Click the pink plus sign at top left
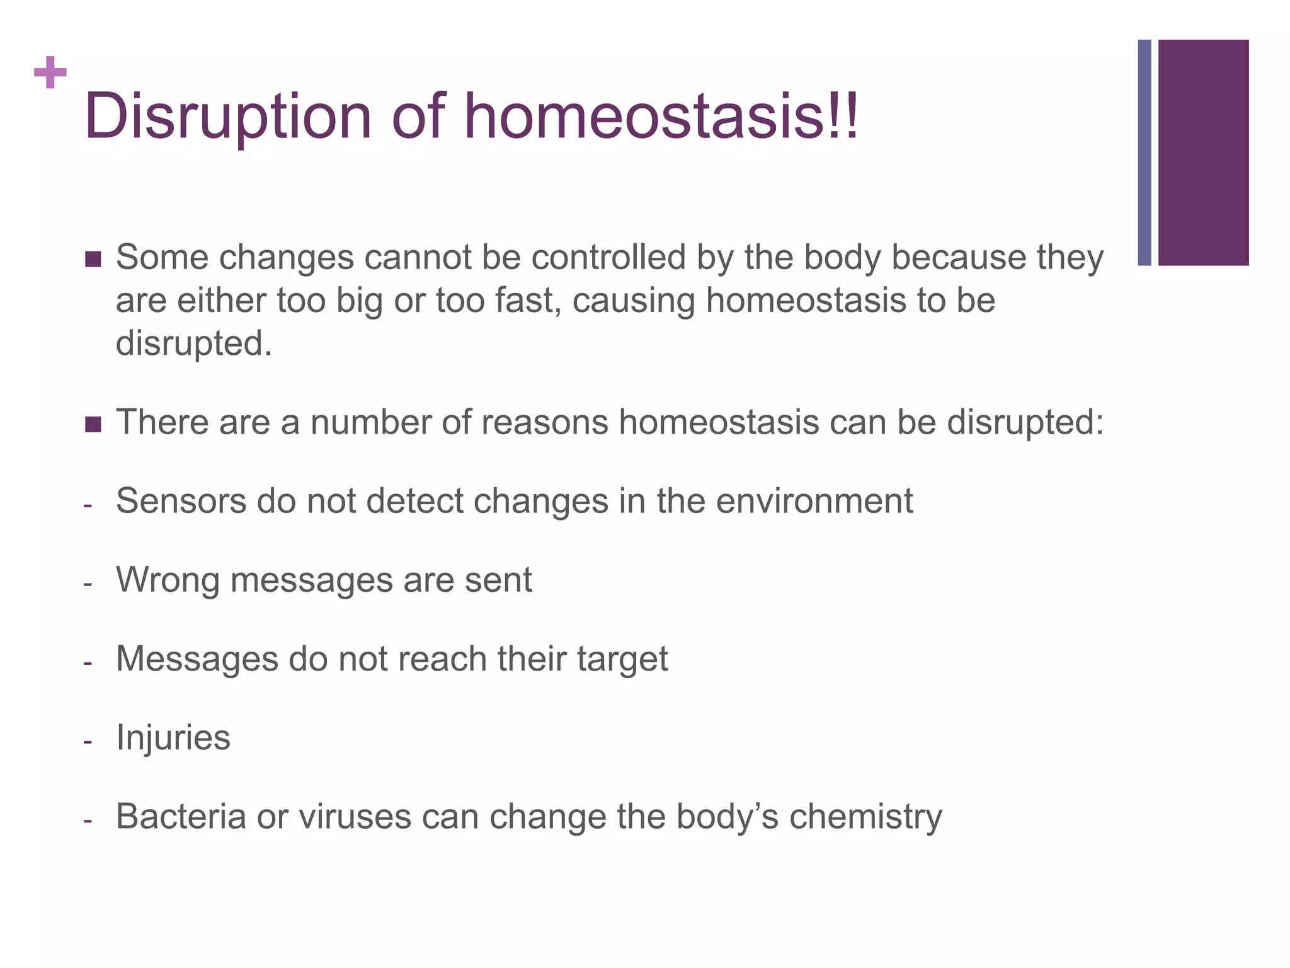pos(50,73)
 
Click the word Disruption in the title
pos(228,117)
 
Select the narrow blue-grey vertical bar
pos(1144,153)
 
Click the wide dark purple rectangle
pos(1203,153)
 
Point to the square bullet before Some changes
pos(93,259)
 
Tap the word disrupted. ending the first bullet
pos(194,344)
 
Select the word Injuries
pos(173,738)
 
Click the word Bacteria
pos(181,817)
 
